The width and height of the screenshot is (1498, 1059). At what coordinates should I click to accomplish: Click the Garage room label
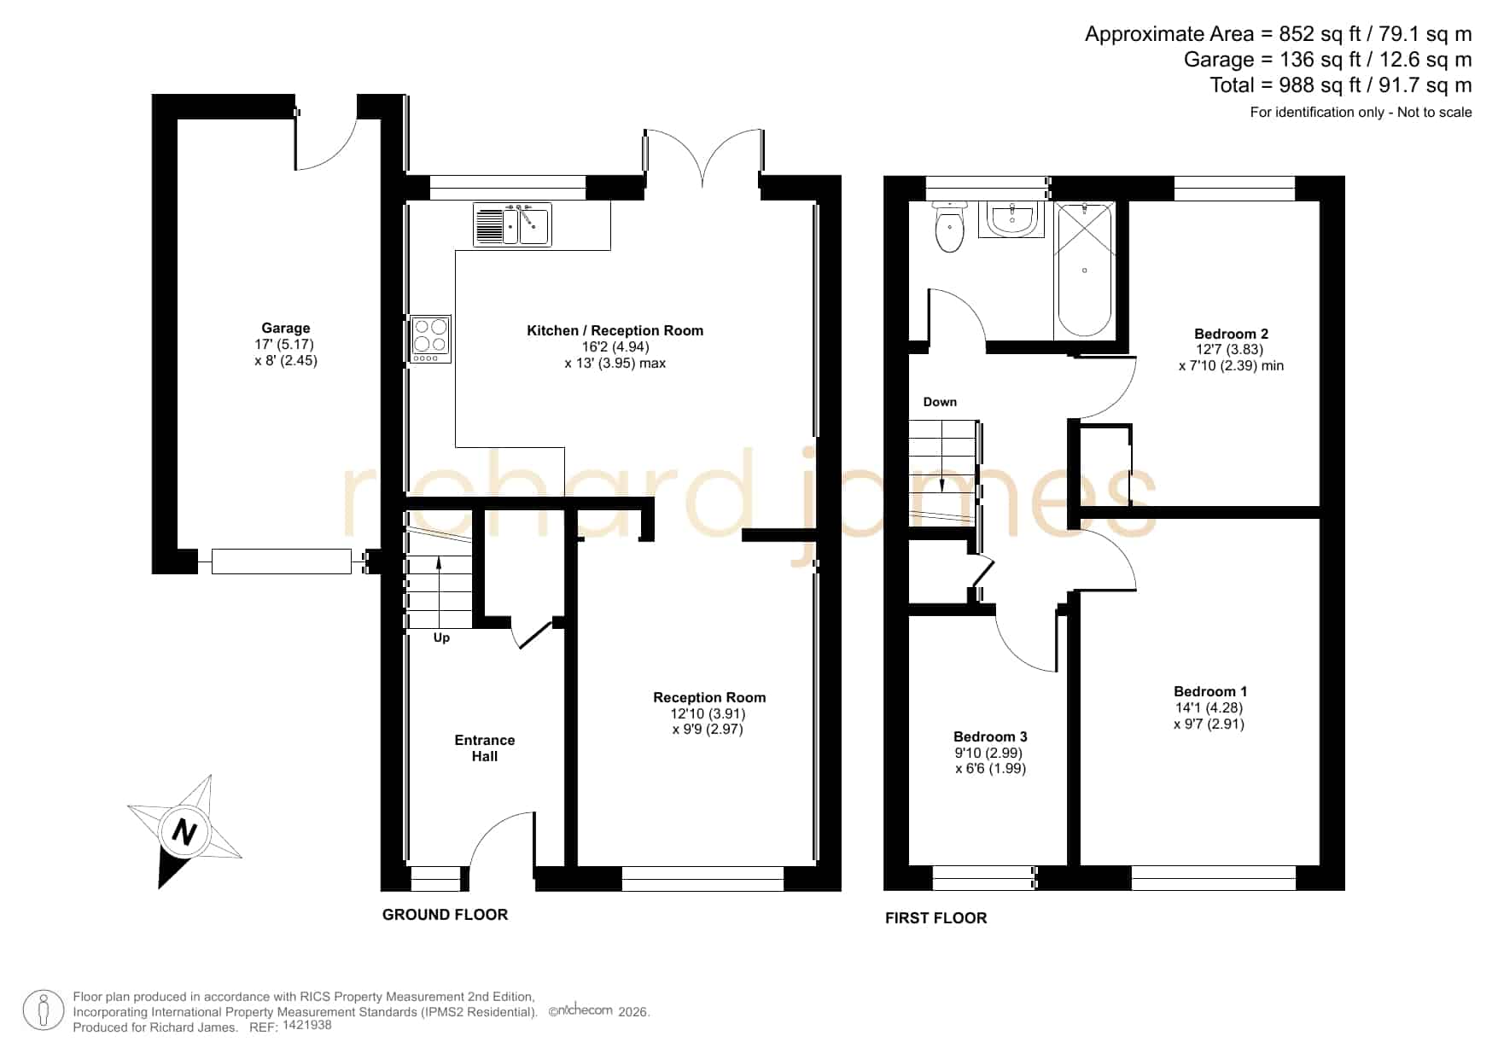[x=286, y=329]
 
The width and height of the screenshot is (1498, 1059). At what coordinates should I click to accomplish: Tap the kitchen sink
[x=512, y=224]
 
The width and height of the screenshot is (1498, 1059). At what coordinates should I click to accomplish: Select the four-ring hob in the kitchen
[x=430, y=339]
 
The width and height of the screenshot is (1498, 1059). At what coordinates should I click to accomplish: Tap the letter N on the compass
[x=184, y=831]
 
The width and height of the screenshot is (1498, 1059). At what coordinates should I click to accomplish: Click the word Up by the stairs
[x=441, y=637]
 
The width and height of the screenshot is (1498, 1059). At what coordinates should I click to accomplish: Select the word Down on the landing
[x=940, y=402]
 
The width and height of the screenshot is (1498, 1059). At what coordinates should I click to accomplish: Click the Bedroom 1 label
[x=1210, y=691]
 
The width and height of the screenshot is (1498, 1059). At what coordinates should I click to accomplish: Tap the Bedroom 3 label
[x=990, y=736]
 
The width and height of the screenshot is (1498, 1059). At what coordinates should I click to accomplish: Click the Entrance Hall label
[x=485, y=748]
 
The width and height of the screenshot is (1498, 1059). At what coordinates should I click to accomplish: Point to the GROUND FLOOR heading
[x=445, y=915]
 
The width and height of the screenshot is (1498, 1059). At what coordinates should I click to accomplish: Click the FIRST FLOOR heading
[x=936, y=918]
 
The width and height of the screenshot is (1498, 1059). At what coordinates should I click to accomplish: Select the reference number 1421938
[x=306, y=1025]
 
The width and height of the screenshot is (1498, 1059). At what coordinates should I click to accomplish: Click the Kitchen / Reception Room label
[x=615, y=331]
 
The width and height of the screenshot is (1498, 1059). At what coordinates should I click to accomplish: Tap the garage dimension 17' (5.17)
[x=285, y=345]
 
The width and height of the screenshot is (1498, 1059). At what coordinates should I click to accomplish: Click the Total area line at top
[x=1341, y=85]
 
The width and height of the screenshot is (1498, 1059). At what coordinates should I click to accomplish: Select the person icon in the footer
[x=44, y=1010]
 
